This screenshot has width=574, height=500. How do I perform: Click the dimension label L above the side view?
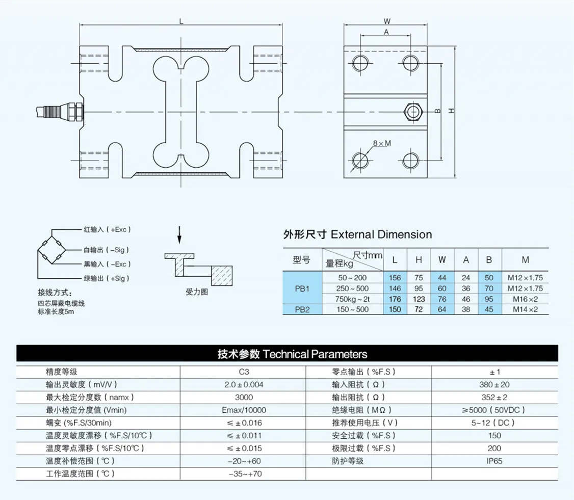point(182,21)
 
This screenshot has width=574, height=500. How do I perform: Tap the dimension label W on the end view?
point(387,21)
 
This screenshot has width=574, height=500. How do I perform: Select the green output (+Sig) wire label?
point(106,278)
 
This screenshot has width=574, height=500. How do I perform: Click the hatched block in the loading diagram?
point(221,277)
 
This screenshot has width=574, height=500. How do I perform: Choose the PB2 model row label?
point(302,309)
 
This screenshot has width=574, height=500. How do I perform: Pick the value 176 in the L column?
point(395,299)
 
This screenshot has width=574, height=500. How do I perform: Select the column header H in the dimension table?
point(419,260)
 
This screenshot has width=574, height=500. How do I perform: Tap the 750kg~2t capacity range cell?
point(353,299)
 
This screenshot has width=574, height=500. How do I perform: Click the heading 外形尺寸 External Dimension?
point(357,234)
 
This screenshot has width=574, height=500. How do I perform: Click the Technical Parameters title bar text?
point(292,354)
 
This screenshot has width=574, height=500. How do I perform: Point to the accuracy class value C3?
point(244,372)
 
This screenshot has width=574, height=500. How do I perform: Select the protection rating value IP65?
point(494,461)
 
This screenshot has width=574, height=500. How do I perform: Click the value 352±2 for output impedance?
point(494,398)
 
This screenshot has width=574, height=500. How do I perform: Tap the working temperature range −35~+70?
point(244,473)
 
